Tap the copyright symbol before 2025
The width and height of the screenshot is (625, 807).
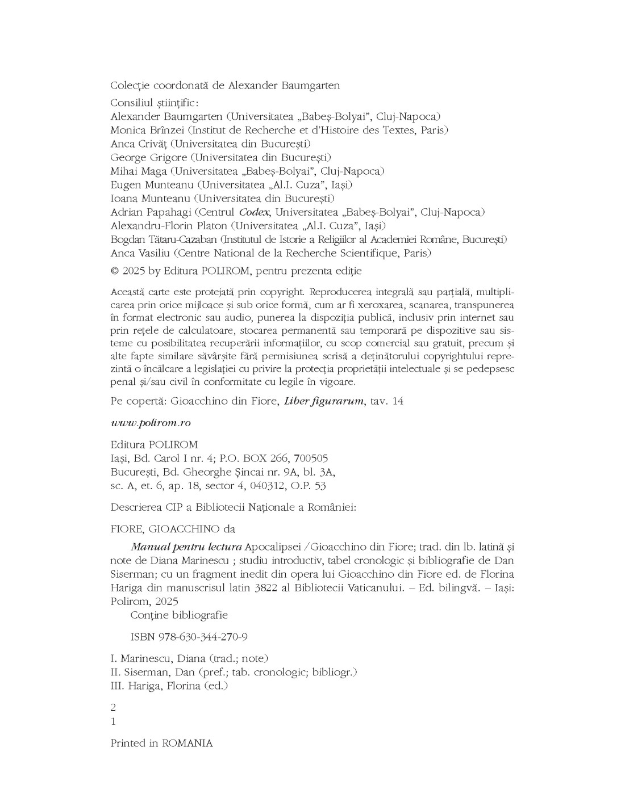coord(114,271)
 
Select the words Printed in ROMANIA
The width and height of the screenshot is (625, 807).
coord(161,743)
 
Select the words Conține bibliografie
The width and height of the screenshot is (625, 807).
coord(179,615)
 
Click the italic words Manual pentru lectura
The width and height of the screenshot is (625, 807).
coord(186,547)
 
